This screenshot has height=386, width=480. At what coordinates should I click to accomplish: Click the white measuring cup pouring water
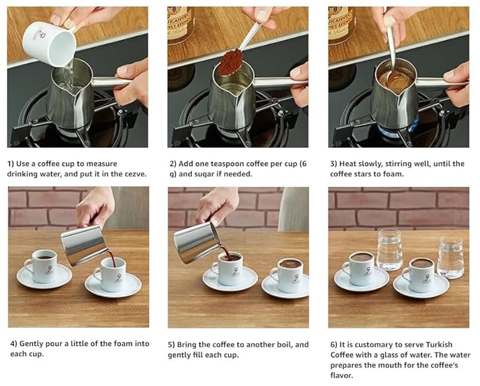pyautogui.click(x=50, y=43)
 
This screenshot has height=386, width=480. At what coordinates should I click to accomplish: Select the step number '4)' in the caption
pyautogui.click(x=14, y=344)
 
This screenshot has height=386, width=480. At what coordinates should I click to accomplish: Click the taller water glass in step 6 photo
pyautogui.click(x=389, y=250)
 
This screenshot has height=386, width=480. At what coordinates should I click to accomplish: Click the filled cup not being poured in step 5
pyautogui.click(x=287, y=275)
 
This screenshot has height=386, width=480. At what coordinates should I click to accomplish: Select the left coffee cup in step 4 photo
pyautogui.click(x=42, y=265)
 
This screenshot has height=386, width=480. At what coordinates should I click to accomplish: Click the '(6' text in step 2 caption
pyautogui.click(x=303, y=164)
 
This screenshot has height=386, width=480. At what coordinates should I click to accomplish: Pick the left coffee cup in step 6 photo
pyautogui.click(x=358, y=268)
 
